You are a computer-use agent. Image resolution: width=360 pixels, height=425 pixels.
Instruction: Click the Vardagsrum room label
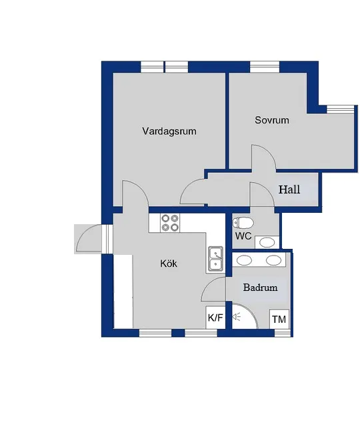point(169,131)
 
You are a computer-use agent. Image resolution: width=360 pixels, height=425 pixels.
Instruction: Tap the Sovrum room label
point(272,121)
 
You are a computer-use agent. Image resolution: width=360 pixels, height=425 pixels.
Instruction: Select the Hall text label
point(289,189)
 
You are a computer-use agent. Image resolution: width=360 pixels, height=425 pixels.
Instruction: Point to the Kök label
point(169,264)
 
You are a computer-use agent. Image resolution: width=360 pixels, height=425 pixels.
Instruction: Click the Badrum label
point(260,288)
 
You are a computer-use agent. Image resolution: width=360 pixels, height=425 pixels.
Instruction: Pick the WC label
point(243,236)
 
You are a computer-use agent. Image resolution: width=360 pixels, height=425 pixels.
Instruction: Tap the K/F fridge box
point(215,318)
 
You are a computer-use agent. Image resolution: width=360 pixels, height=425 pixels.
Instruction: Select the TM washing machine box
point(279,320)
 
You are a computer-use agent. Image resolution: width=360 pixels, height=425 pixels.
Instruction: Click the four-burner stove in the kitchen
point(171,222)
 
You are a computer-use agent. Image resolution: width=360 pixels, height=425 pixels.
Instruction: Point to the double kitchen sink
point(215,259)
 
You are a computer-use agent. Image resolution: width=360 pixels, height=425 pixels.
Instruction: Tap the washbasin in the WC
point(267,242)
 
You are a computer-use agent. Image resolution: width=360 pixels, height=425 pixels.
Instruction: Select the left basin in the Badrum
point(245,260)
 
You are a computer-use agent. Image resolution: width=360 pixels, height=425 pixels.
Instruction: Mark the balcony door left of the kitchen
point(91,239)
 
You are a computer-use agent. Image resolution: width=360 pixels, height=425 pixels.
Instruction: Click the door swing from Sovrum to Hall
point(263,157)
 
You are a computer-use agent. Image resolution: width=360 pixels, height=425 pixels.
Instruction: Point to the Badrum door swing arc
point(214,290)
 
